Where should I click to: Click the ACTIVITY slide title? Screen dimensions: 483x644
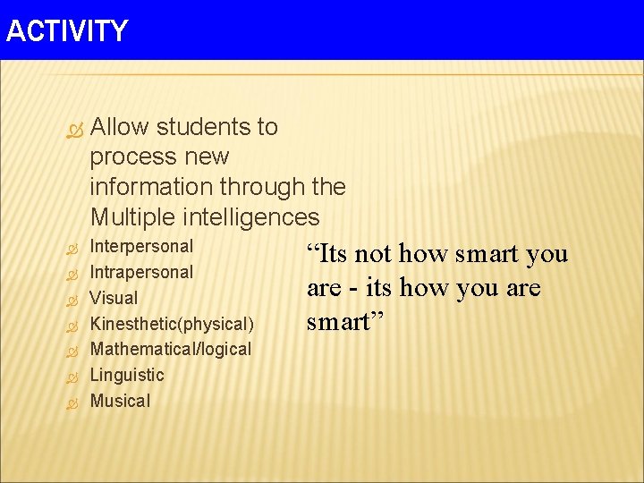point(67,31)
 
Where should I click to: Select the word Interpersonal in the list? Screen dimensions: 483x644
point(141,246)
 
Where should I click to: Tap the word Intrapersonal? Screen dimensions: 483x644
point(141,272)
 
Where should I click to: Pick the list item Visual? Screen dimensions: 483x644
point(114,298)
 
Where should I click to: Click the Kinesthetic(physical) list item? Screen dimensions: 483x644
point(172,323)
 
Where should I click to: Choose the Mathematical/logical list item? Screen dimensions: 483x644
point(171,349)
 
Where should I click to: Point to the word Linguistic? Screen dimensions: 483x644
point(127,375)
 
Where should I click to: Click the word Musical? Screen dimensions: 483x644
point(120,401)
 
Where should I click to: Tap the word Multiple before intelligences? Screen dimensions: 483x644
point(133,217)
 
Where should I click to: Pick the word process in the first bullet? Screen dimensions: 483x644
point(133,157)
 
